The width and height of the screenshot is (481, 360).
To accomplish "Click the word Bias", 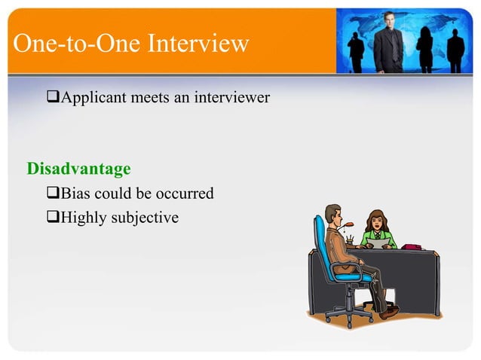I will pyautogui.click(x=76, y=194).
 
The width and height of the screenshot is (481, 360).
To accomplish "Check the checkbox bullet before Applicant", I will pyautogui.click(x=52, y=97).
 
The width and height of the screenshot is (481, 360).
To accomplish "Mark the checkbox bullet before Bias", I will pyautogui.click(x=52, y=194).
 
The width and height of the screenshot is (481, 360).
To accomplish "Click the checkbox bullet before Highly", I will pyautogui.click(x=52, y=218).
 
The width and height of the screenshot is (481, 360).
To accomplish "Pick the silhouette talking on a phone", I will pyautogui.click(x=355, y=49).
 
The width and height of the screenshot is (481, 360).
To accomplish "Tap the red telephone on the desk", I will pyautogui.click(x=412, y=246).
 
